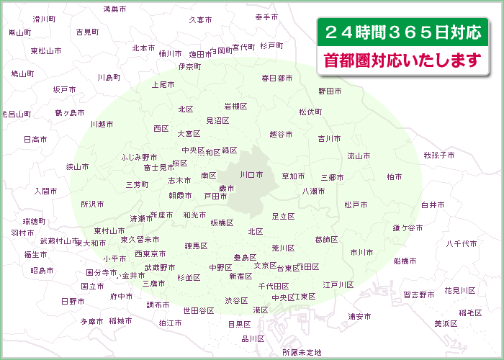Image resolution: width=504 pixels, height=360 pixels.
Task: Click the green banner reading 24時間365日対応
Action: click(402, 32)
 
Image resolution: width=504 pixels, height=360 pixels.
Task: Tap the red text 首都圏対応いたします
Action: click(402, 60)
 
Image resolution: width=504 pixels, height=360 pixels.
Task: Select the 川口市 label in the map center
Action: click(251, 175)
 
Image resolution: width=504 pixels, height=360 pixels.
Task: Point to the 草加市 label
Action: click(293, 176)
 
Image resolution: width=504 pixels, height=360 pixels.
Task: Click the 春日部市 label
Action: click(277, 78)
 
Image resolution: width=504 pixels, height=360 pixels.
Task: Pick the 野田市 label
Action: click(330, 91)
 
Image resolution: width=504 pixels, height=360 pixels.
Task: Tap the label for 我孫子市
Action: click(438, 156)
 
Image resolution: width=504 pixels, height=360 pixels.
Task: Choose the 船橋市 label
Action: click(405, 261)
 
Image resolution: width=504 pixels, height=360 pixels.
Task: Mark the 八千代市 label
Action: click(462, 244)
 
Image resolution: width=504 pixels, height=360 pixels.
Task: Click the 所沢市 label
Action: click(92, 204)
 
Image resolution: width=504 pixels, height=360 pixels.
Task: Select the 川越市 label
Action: click(102, 124)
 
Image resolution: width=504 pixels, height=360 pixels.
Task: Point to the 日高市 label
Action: click(35, 139)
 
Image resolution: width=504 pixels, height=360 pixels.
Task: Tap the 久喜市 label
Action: click(200, 20)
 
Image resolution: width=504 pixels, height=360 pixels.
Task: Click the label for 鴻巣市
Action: click(114, 9)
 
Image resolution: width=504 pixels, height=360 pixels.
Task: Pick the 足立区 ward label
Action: click(284, 216)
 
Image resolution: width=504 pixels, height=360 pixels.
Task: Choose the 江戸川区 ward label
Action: click(338, 285)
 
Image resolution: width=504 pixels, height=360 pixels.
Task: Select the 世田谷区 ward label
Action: click(199, 310)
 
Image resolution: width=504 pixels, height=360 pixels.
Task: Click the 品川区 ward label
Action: click(253, 338)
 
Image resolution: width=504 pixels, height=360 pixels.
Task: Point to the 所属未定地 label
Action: click(302, 353)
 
